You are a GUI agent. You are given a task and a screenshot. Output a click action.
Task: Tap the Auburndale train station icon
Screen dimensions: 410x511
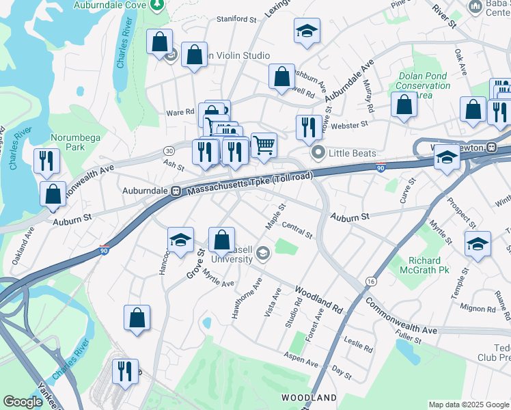(x=176, y=191)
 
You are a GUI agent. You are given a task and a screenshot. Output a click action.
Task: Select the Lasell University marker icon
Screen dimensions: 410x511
(x=262, y=255)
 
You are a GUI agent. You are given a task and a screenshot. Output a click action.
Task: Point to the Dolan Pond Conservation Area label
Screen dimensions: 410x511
(x=423, y=85)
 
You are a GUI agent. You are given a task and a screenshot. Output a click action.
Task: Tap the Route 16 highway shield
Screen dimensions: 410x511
(x=371, y=281)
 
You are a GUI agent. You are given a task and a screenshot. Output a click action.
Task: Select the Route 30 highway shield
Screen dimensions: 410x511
(x=169, y=150)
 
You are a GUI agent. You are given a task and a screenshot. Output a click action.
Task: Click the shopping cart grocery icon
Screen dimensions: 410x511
(x=264, y=144)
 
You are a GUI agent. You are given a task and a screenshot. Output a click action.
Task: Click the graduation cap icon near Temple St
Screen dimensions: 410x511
(x=478, y=243)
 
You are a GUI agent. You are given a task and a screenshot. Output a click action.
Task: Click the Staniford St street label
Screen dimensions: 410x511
(x=236, y=19)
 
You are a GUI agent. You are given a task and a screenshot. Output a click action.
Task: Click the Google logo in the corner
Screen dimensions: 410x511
(x=23, y=402)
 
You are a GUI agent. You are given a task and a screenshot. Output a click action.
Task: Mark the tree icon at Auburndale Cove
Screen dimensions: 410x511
(x=158, y=5)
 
